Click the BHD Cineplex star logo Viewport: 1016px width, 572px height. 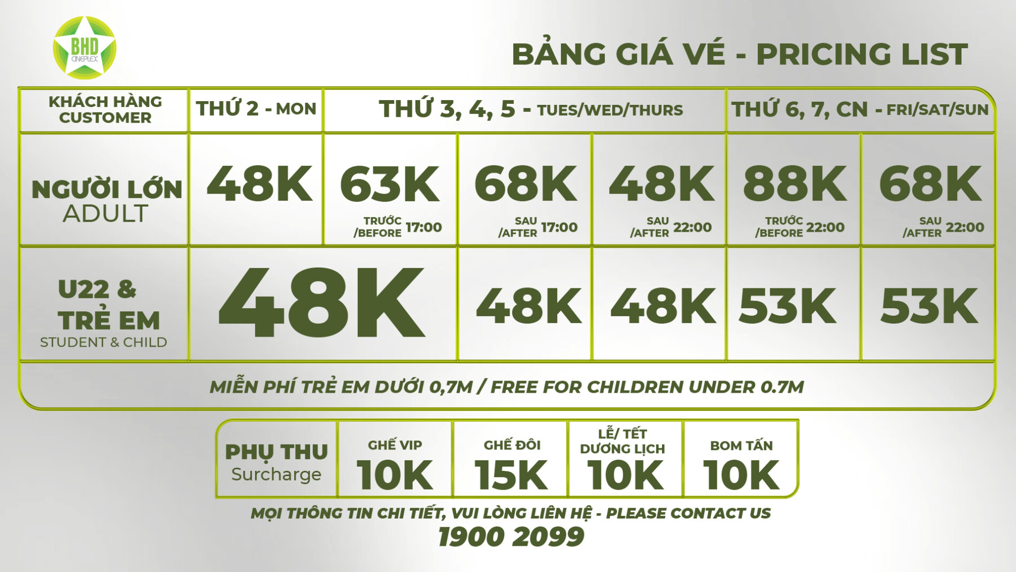(84, 48)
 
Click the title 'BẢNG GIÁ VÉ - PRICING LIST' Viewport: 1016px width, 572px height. (740, 54)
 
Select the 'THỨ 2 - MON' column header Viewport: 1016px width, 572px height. (256, 109)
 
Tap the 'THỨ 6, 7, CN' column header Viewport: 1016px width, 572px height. (860, 109)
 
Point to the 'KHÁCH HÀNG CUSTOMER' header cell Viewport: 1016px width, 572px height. (105, 109)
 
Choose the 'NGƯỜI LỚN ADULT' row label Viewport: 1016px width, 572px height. (106, 201)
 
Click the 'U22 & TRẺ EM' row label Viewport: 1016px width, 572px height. (109, 306)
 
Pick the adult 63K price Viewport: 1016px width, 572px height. (390, 184)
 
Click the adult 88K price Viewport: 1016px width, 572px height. (795, 184)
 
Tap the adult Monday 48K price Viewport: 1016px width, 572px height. (259, 184)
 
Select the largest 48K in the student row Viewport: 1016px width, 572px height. (321, 303)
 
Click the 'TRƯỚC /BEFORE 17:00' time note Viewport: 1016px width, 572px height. (397, 227)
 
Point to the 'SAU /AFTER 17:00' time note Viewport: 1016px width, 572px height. (537, 227)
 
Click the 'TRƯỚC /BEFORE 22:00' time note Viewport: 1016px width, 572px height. (799, 227)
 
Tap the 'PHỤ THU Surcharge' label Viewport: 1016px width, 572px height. (276, 462)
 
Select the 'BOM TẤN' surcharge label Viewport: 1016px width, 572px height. (741, 445)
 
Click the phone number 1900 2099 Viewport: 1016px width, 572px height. (511, 537)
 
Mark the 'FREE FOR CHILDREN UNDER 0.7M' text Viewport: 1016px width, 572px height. (647, 387)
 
